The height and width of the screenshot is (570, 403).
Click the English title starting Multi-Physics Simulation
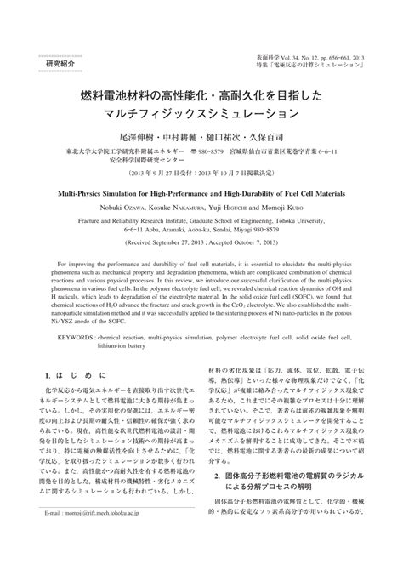click(x=201, y=193)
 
